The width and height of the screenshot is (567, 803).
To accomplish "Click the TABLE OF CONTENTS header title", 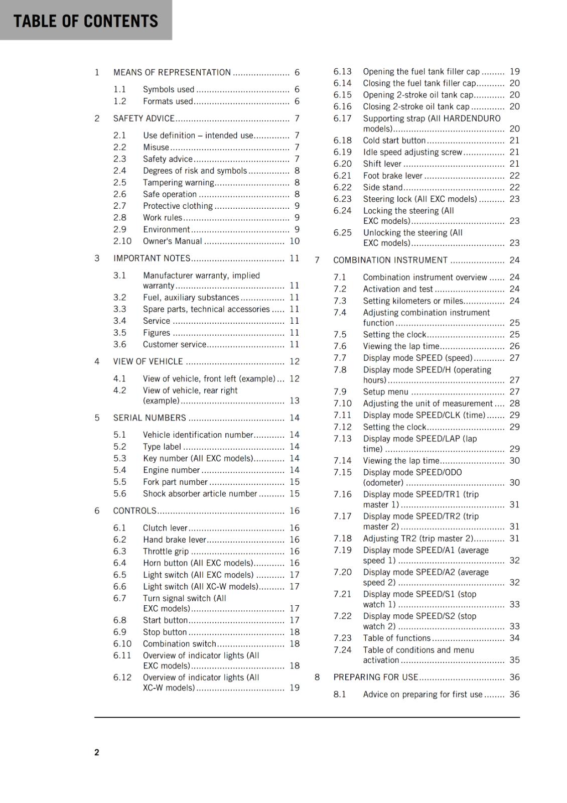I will tap(86, 21).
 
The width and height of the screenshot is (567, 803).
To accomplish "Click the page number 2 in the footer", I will tap(97, 752).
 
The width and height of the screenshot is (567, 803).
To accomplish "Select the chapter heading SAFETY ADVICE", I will tap(144, 118).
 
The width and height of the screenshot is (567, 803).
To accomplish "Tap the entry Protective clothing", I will tap(178, 206).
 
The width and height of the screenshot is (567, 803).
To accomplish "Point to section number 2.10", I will tap(122, 241).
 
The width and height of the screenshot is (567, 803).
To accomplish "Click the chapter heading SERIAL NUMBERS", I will tap(150, 418).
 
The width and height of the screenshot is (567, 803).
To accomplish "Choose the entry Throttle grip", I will tap(166, 551).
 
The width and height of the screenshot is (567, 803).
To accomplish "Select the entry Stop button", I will tap(165, 632).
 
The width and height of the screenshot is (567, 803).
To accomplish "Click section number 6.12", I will tap(122, 677).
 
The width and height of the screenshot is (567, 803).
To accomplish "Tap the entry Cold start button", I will tap(394, 141).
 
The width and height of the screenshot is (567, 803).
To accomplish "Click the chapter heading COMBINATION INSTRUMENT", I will tap(390, 260).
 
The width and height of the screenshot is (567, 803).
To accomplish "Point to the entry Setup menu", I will tap(385, 391).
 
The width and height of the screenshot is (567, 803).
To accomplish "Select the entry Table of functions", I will tap(396, 638).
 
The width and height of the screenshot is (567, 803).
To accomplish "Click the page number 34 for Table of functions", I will tap(514, 638).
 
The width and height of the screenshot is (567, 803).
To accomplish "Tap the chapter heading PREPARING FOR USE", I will tap(375, 677).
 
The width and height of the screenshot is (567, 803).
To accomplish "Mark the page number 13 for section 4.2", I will tap(295, 400).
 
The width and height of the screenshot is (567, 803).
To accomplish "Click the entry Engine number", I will tap(171, 470).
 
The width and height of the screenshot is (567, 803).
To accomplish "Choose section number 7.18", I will tap(343, 538).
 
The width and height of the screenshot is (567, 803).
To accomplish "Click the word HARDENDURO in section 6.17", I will tap(472, 118).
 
